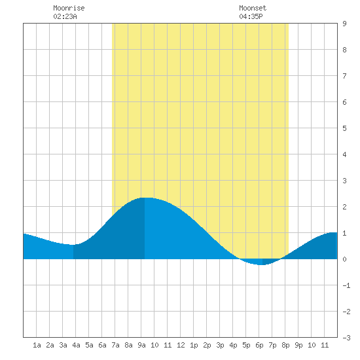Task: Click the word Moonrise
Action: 69,8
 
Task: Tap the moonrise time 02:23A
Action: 65,16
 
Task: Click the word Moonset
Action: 253,8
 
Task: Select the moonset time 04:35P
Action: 251,16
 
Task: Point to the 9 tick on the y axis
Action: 344,24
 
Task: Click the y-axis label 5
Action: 344,128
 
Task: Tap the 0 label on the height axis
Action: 344,259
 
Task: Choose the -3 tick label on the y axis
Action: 346,338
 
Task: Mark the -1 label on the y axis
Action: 346,285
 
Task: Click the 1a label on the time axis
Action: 37,345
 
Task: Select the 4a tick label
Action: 76,345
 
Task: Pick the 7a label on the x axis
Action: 115,345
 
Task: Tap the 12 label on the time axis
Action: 181,345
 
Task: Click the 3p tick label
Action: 220,345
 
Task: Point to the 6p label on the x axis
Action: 259,345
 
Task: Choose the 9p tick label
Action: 298,345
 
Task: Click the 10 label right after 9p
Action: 312,345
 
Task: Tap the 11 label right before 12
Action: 168,345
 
